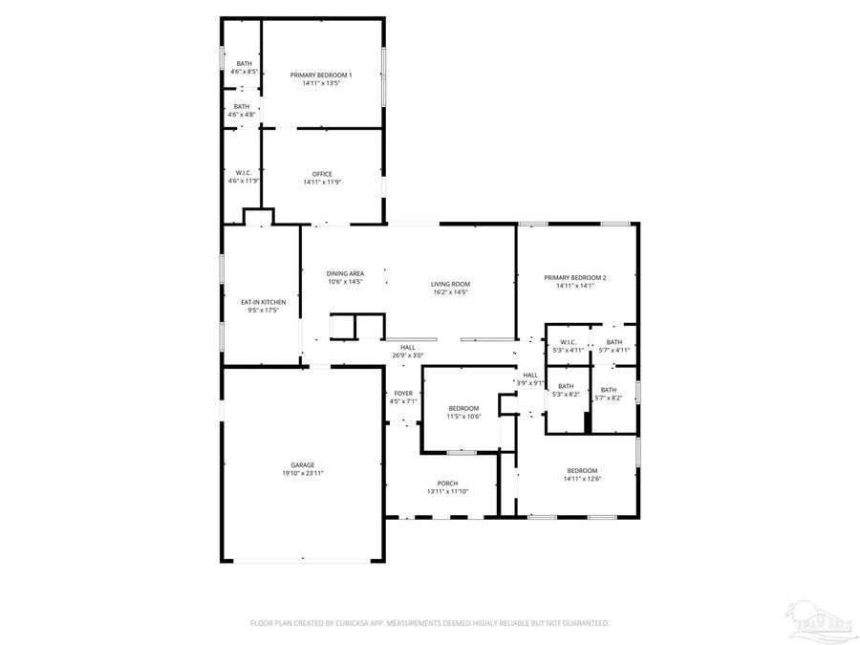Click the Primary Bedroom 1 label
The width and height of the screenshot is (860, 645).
click(321, 75)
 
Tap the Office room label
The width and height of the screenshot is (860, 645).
click(321, 174)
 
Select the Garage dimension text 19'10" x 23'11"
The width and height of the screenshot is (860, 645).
click(303, 474)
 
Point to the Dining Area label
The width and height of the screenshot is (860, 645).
click(345, 273)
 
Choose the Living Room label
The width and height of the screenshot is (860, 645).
click(449, 284)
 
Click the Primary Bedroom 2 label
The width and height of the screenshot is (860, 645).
click(575, 278)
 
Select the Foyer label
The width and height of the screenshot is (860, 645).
click(403, 393)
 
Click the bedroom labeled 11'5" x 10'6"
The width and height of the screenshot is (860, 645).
click(463, 408)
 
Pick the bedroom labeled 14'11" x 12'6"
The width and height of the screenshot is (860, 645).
click(582, 471)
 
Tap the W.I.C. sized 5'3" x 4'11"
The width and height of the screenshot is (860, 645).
click(568, 342)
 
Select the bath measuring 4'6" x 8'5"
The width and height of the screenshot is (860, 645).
click(245, 64)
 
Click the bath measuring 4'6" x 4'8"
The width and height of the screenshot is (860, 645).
click(242, 107)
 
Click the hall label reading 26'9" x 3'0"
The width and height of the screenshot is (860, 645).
click(407, 348)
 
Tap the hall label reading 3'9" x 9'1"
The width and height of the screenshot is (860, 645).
click(530, 376)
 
